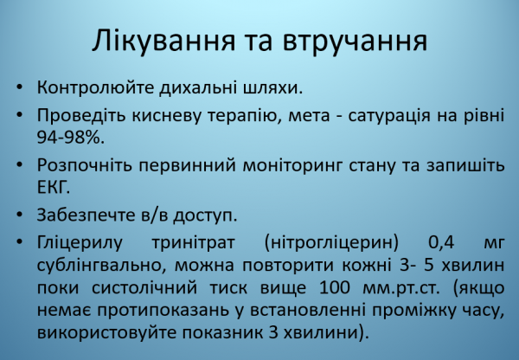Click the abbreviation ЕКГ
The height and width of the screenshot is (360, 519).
pyautogui.click(x=53, y=187)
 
